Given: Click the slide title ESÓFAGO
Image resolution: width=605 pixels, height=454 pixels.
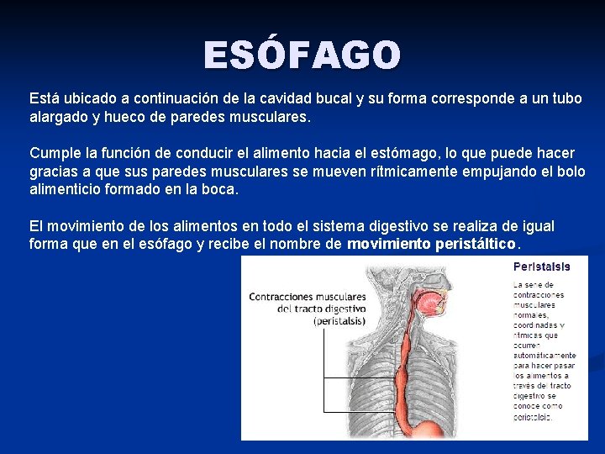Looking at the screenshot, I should pos(302,55).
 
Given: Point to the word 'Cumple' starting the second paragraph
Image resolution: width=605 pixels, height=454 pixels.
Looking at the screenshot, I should pos(53,153).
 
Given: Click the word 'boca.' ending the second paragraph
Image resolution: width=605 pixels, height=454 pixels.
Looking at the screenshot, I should pos(220,189).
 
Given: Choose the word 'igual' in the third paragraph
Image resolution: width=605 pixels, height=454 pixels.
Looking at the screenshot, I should pos(536,226).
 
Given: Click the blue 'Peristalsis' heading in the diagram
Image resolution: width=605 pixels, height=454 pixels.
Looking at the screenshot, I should pos(542,267).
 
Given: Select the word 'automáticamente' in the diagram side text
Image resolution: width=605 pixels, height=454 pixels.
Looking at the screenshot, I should pos(544,356).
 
